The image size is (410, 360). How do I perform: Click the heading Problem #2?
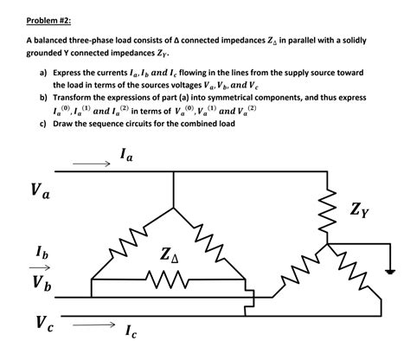click(x=49, y=18)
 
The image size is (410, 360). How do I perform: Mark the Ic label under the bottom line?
click(x=131, y=332)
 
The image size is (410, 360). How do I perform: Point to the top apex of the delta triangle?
click(x=174, y=194)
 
